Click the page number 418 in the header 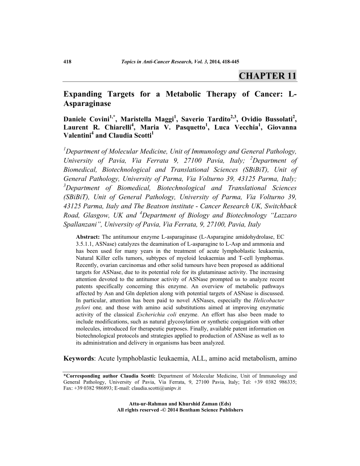coord(68,61)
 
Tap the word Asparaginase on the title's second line coord(87,105)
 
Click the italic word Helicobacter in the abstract coord(269,300)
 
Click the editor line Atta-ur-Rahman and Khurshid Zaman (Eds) coord(180,404)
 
